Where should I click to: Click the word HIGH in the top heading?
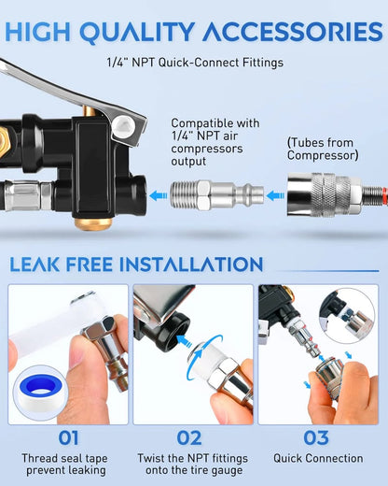coord(42,32)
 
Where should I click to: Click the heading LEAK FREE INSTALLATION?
coord(135,264)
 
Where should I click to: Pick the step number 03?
coord(318,436)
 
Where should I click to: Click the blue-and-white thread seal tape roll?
coord(45,396)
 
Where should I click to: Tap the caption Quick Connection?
coord(318,458)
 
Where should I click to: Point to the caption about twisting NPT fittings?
coord(193,465)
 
